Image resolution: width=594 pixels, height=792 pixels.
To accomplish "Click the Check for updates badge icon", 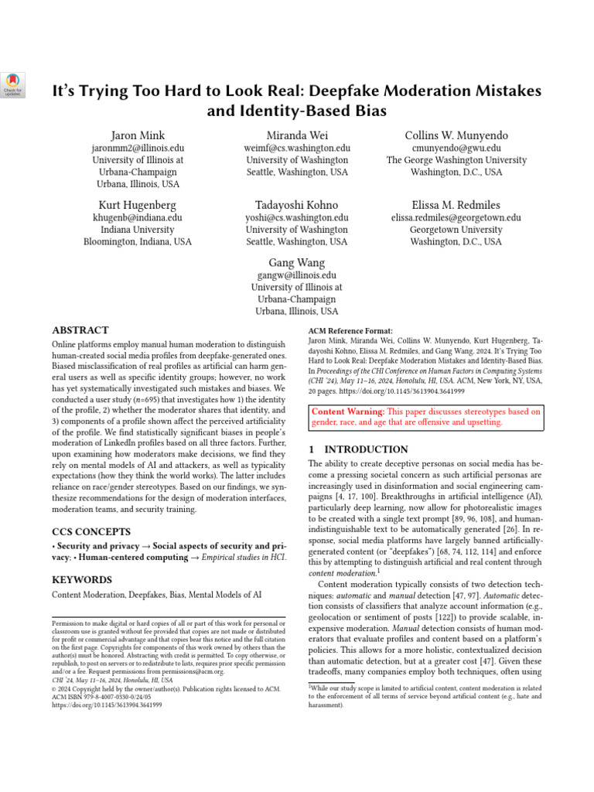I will (x=14, y=85).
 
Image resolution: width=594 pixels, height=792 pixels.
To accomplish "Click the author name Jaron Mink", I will (x=137, y=135).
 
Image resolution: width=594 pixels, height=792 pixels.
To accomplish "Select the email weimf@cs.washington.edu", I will (x=297, y=148).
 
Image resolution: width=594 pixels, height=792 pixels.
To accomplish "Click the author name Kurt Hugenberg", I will (x=137, y=205).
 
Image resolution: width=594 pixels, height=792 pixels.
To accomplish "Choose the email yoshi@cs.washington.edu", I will (x=297, y=217).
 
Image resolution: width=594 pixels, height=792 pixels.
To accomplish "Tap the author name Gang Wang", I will (x=297, y=262).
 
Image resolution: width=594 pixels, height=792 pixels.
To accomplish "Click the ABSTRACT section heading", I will (x=80, y=329).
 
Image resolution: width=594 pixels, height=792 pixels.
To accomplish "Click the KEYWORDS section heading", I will (x=82, y=579).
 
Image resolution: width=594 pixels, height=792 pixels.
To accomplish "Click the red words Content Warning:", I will (x=348, y=412).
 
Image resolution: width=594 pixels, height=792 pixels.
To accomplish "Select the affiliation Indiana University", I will (x=137, y=230).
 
